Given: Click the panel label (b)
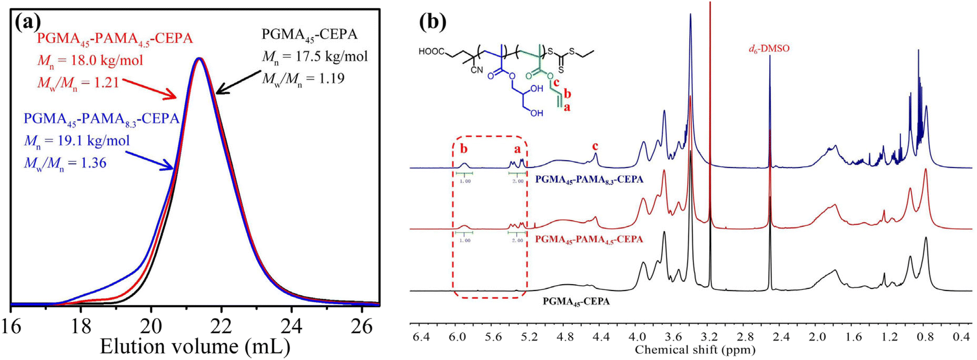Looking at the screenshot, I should [432, 22].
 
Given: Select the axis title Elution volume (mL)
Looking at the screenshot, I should [195, 347].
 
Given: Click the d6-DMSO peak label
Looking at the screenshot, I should [769, 49].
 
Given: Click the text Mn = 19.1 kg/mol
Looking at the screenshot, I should [77, 141].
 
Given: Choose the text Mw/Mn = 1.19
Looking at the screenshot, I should [303, 78].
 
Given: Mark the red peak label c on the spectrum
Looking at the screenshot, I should [595, 146].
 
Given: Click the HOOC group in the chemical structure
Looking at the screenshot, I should [432, 52].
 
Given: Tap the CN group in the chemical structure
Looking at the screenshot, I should [476, 70].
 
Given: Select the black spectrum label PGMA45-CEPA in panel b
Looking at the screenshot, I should [576, 302].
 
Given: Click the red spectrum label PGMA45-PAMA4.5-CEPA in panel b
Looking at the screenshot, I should [589, 239].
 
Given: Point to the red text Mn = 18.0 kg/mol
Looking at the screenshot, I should [89, 61].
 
